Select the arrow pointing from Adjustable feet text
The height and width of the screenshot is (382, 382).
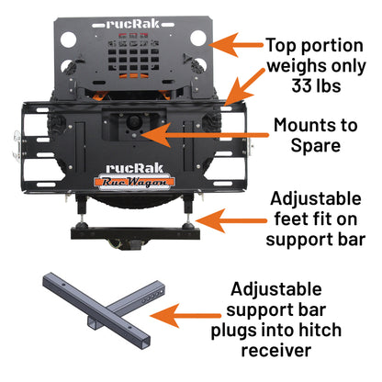tap(221, 220)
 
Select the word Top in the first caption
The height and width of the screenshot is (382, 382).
tap(282, 44)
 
